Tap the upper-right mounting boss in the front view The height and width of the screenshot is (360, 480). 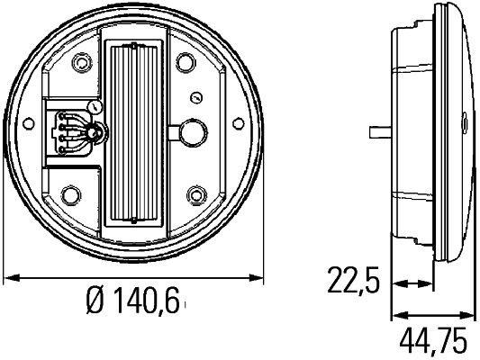coord(186,62)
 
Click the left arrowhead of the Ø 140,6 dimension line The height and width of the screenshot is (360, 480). coord(11,276)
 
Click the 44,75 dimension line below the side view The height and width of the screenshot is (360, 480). coord(432,316)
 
